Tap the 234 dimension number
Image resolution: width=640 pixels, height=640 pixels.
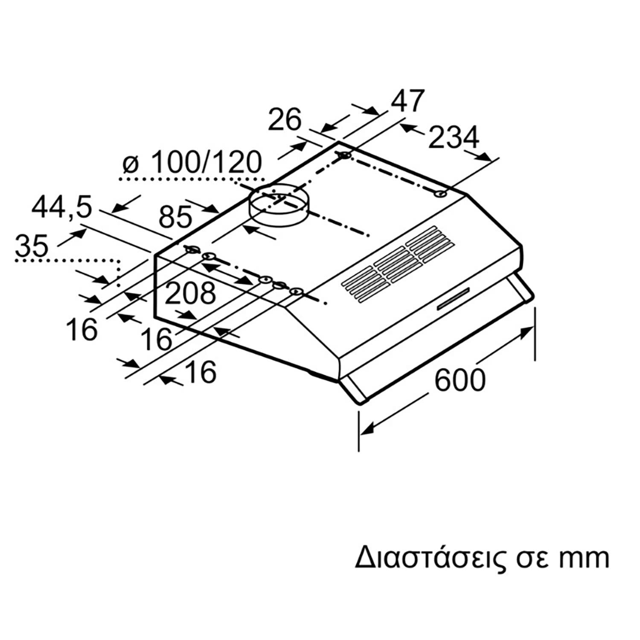454,138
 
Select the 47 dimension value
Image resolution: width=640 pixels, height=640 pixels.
407,101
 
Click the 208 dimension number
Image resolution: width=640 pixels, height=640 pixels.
190,294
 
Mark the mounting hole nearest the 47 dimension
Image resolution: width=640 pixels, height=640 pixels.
345,156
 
